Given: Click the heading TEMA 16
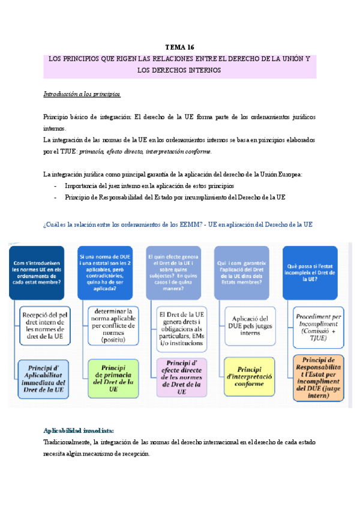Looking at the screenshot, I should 180,47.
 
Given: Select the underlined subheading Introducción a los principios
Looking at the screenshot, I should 82,94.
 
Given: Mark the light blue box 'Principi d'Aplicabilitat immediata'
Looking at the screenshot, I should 45,377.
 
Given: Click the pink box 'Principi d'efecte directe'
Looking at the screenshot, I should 181,377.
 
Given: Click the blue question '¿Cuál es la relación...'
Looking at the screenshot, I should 178,224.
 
